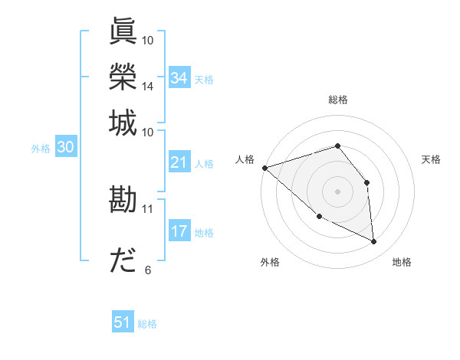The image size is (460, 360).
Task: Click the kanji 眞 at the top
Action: (123, 32)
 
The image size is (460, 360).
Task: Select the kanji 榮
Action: (123, 77)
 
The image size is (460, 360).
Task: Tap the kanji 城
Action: (123, 123)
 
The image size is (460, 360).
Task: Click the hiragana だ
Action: (123, 260)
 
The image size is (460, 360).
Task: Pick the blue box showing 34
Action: (179, 78)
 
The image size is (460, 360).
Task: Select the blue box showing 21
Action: (179, 162)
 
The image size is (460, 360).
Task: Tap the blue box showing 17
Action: (179, 231)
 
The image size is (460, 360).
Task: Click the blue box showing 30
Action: (65, 148)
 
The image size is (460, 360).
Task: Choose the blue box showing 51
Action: (123, 322)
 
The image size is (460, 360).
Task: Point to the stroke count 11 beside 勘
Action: (147, 208)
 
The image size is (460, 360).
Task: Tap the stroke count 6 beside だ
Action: (148, 270)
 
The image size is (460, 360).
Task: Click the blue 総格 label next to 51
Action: (147, 324)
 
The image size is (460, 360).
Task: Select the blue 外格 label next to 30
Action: (41, 149)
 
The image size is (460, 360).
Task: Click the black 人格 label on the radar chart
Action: (245, 159)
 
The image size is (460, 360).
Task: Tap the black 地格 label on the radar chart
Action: (402, 262)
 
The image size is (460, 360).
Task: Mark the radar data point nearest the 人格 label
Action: (264, 167)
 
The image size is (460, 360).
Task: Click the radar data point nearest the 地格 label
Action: (373, 242)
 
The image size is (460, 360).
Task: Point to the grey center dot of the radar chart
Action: (337, 191)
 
